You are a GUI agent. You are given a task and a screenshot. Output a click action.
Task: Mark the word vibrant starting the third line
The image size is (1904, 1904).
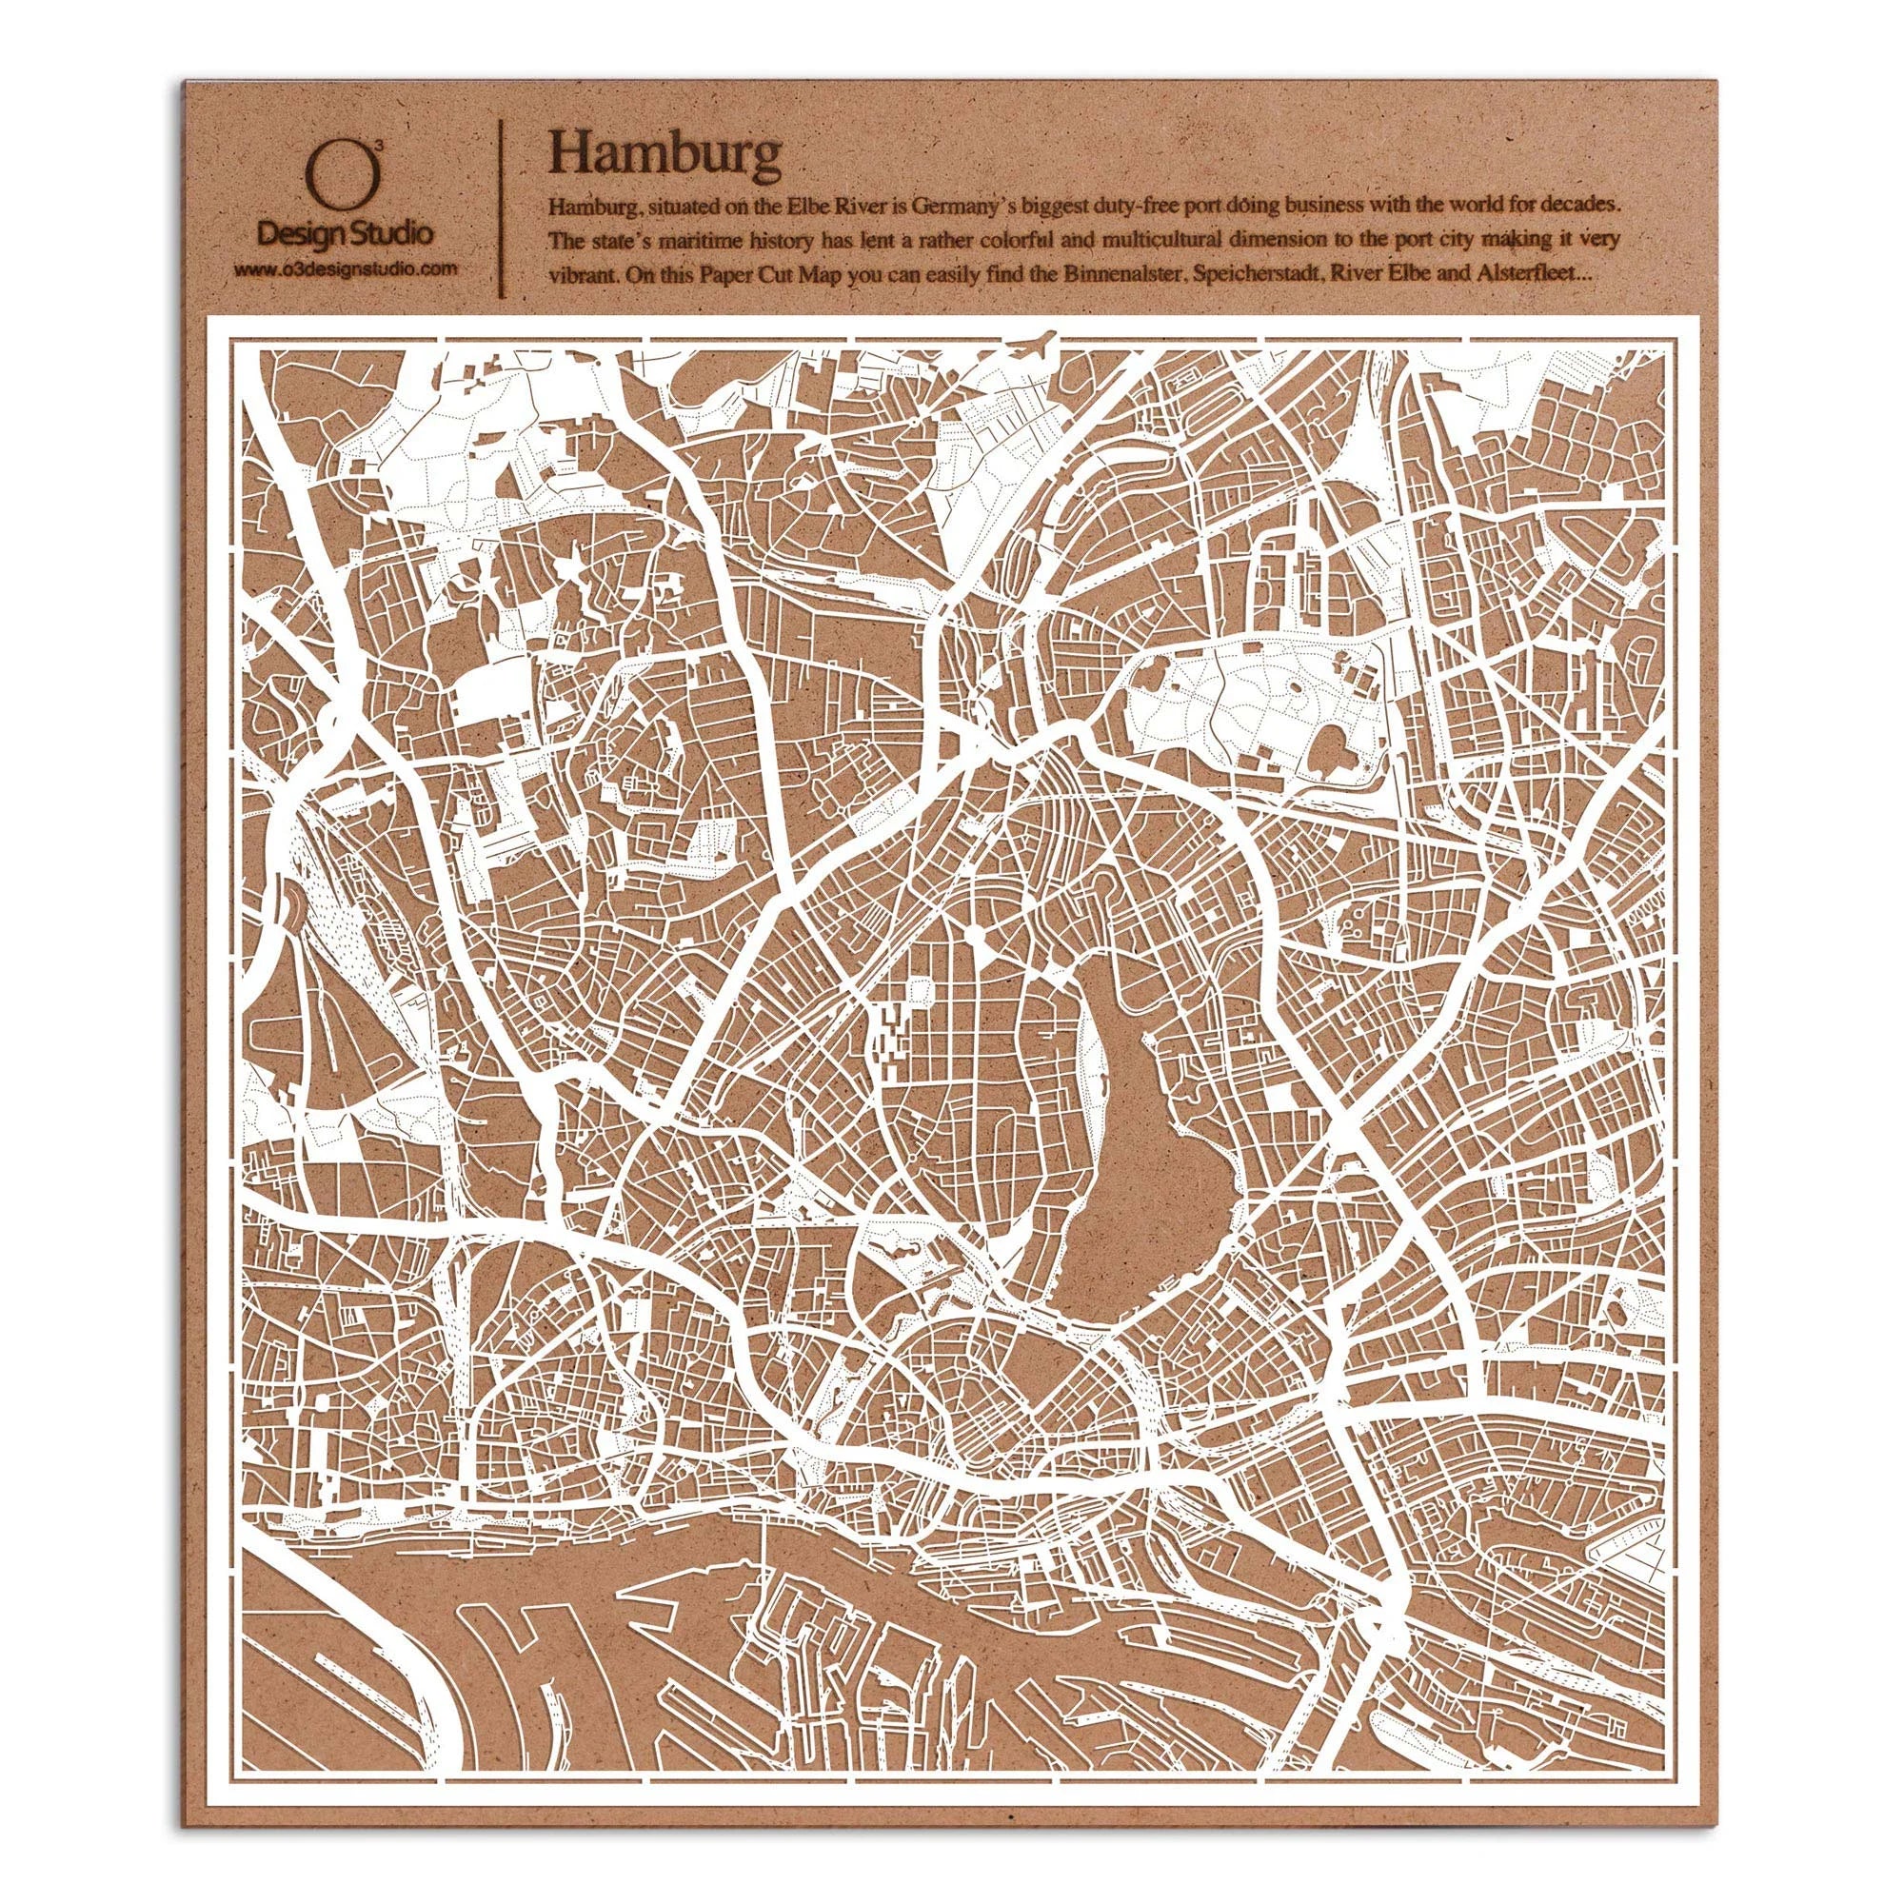tap(575, 278)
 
